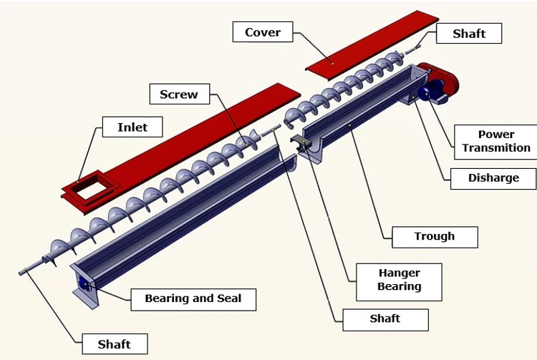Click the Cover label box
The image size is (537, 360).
(x=263, y=32)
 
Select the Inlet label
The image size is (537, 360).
(x=132, y=127)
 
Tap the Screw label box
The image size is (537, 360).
(x=179, y=94)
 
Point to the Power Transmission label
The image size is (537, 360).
(x=496, y=141)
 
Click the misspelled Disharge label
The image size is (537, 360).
(x=493, y=177)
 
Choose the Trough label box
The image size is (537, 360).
(x=435, y=236)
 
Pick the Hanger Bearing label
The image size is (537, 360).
(x=400, y=280)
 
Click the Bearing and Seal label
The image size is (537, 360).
(x=193, y=298)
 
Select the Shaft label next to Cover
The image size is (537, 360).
(x=469, y=34)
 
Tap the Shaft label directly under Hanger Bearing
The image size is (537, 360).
(x=385, y=318)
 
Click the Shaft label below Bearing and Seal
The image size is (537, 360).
(x=115, y=344)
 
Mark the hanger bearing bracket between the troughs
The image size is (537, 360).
(x=301, y=146)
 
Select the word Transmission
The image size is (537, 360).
(x=496, y=148)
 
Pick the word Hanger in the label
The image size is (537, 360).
(x=400, y=273)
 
